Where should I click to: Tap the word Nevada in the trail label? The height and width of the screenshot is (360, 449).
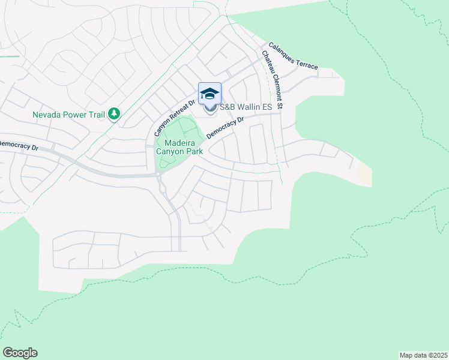[x=47, y=114]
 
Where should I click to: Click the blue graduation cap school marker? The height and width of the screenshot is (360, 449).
[x=209, y=94]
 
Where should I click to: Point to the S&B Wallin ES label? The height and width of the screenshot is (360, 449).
[x=246, y=107]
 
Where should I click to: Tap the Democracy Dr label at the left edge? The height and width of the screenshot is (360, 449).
[x=18, y=145]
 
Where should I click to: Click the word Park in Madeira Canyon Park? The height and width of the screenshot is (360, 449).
[x=193, y=151]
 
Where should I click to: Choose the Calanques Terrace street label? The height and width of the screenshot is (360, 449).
[x=293, y=56]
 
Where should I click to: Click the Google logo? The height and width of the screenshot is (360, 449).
[x=20, y=353]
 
